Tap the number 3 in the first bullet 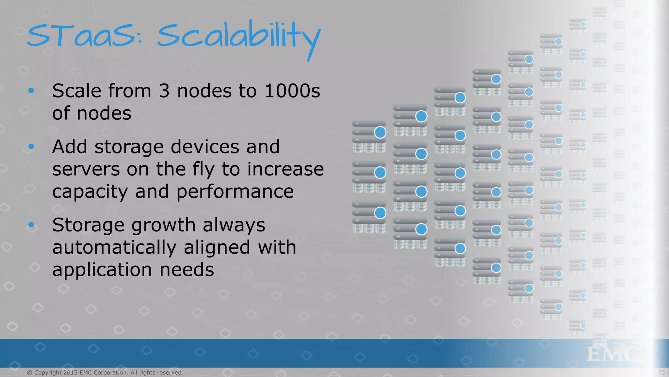coord(164,91)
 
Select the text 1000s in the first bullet coord(292,91)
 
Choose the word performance coord(235,192)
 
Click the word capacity coord(90,192)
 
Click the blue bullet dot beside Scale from coord(31,91)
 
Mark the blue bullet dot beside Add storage coord(31,147)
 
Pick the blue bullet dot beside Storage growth coord(31,225)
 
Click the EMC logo coord(611,354)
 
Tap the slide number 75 coord(661,372)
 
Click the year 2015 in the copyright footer coord(71,372)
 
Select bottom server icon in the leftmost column coord(369,217)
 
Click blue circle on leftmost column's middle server coord(380,172)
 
